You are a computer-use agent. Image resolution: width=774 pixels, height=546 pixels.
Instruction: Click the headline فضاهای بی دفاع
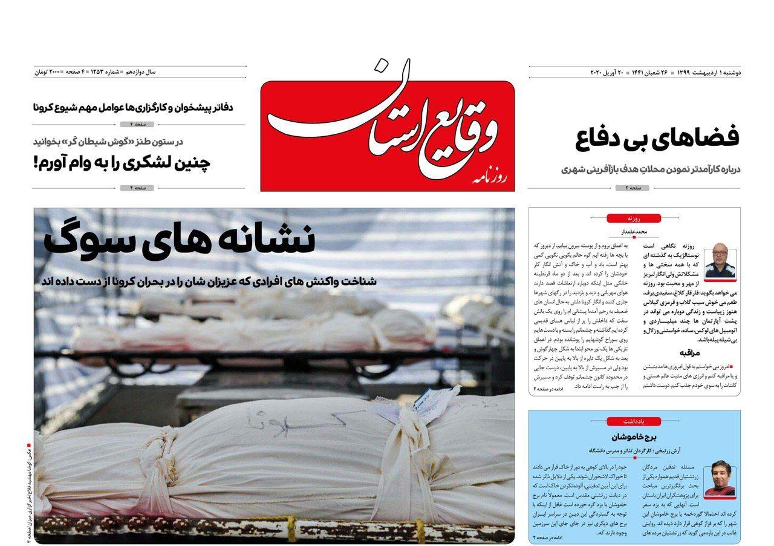tap(658, 138)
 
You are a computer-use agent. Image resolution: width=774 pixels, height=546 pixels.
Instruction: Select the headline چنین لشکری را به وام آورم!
tap(122, 163)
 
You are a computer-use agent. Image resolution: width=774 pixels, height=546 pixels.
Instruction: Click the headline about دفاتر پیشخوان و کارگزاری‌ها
tap(133, 107)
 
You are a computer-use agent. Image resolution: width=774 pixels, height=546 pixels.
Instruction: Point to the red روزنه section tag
tap(634, 218)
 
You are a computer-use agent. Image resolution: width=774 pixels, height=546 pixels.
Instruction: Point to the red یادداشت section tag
tap(634, 421)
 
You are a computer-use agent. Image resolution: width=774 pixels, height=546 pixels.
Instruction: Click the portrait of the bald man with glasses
tap(719, 260)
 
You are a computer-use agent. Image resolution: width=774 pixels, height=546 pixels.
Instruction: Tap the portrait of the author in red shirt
tap(720, 478)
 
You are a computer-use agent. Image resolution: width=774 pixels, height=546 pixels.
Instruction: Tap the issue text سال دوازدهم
tap(140, 72)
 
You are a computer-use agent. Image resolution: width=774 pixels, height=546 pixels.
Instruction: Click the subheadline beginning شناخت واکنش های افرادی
tap(209, 281)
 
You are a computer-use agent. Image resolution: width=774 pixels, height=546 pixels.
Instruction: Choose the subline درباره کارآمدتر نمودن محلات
tap(650, 169)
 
